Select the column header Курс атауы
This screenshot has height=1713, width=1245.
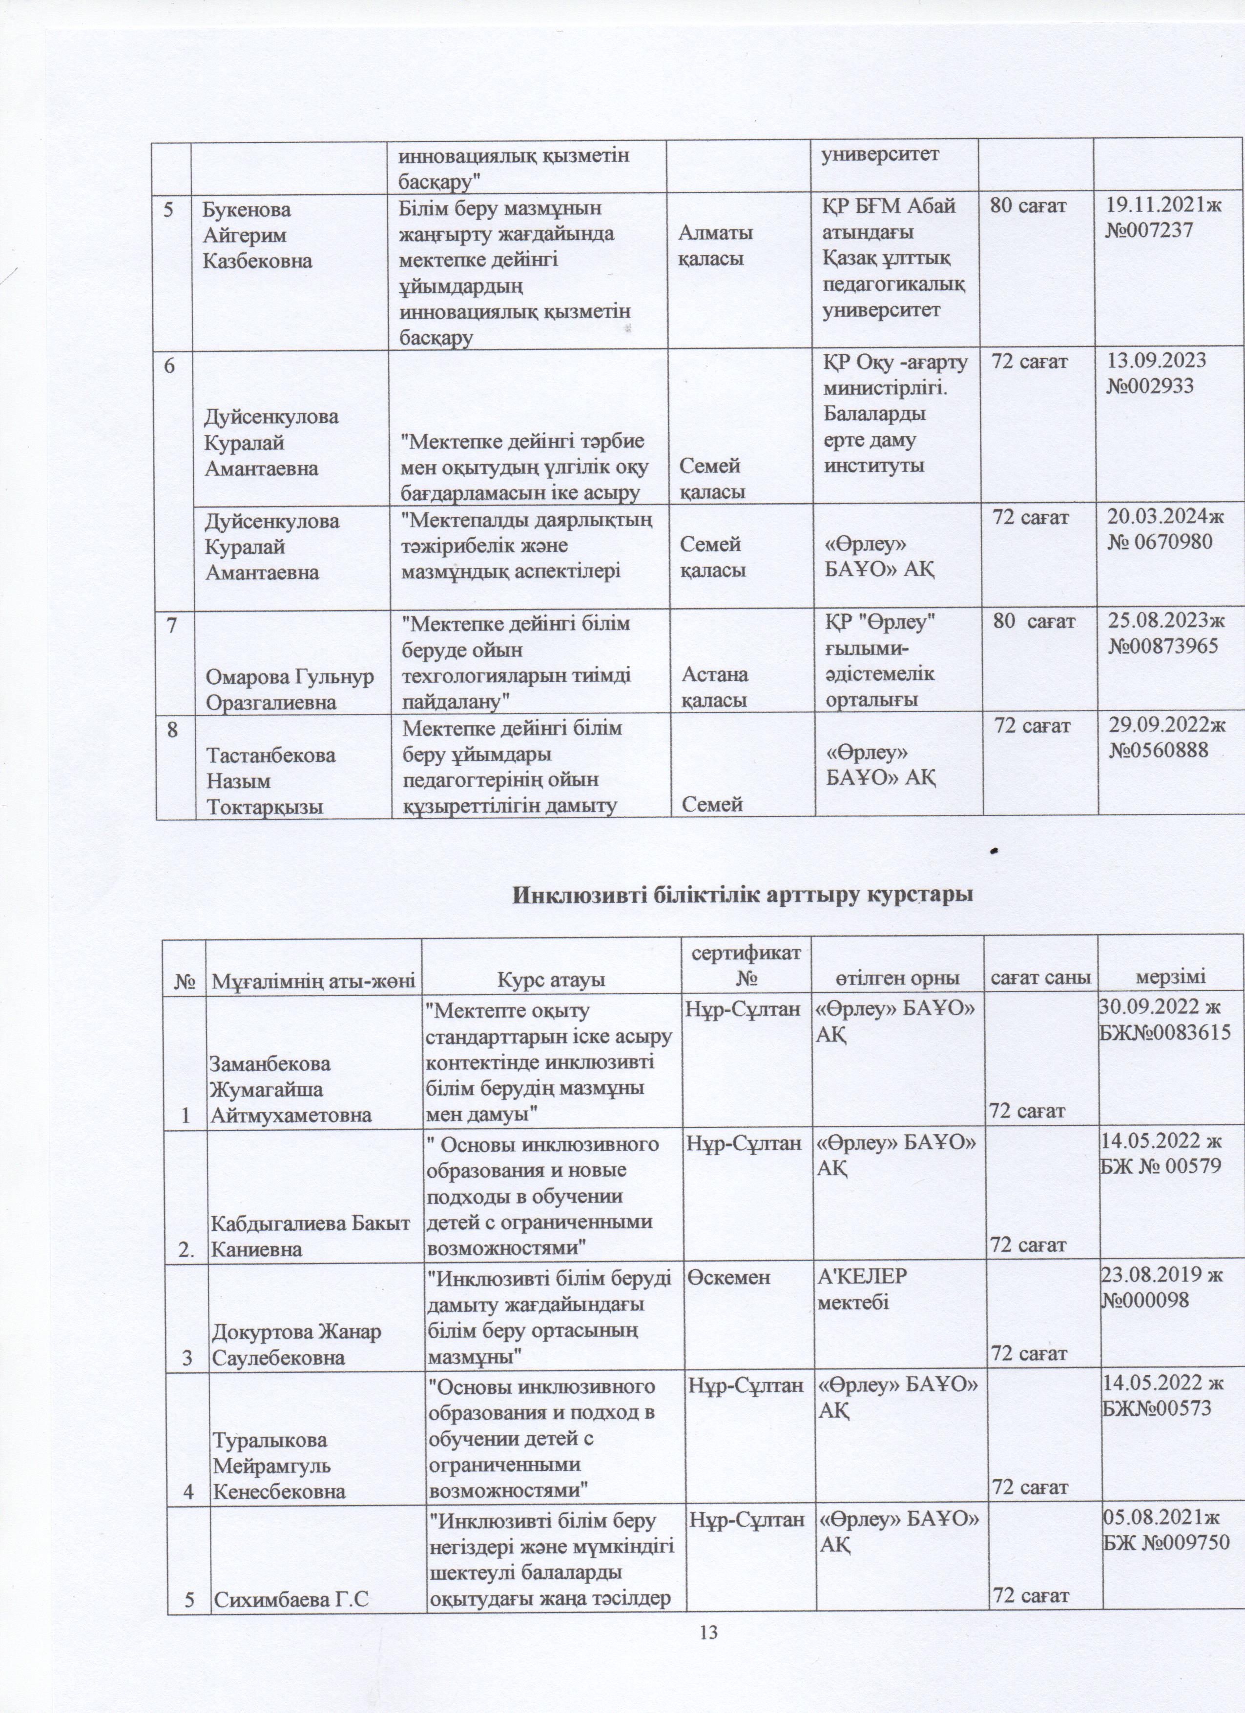point(551,979)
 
